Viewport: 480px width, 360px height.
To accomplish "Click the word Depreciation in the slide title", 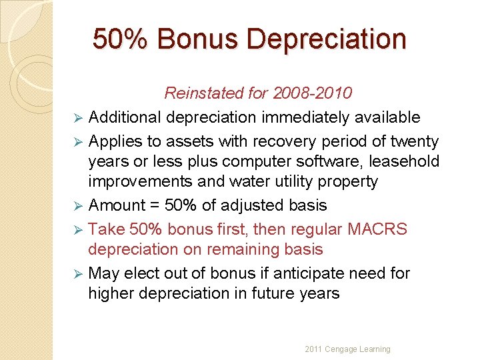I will tap(327, 39).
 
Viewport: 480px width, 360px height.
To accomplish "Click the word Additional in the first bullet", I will tap(125, 117).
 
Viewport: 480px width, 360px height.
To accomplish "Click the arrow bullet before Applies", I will tap(77, 142).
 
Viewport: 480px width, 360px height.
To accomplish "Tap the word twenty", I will tap(415, 141).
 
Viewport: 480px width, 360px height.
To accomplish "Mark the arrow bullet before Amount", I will tap(77, 206).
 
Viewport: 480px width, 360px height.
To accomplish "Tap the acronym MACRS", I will tap(378, 229).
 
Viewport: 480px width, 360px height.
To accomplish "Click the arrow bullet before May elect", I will tap(77, 274).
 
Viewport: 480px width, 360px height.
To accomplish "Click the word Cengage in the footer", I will tap(342, 349).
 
